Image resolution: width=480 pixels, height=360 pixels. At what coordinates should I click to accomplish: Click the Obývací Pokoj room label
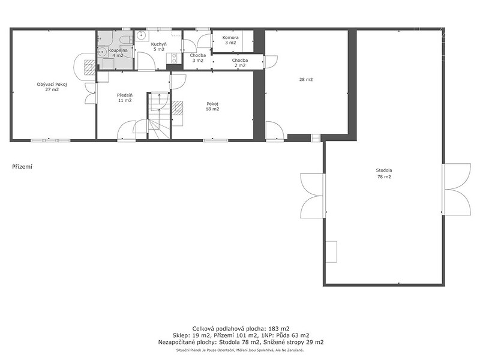[x=52, y=87]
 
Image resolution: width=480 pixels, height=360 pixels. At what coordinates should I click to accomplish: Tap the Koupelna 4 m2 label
[x=118, y=53]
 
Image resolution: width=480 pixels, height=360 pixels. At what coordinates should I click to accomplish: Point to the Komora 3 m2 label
[x=230, y=40]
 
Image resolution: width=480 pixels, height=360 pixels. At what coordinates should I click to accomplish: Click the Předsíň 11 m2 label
[x=125, y=98]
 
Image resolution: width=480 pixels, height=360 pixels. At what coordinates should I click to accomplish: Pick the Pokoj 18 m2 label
[x=213, y=106]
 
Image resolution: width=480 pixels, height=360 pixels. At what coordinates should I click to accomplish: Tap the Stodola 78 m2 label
[x=384, y=173]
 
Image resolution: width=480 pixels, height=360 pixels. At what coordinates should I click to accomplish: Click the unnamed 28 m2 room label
[x=306, y=80]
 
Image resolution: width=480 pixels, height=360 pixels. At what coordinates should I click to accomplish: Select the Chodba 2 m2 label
[x=239, y=63]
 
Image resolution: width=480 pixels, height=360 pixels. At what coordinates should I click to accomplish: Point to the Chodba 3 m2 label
[x=198, y=58]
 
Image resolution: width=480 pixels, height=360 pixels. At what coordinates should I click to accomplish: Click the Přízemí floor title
[x=22, y=167]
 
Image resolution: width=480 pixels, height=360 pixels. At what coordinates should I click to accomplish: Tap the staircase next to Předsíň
[x=159, y=116]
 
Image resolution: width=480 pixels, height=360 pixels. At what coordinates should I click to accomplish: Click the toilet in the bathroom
[x=125, y=40]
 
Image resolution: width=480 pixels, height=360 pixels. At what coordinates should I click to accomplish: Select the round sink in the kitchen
[x=141, y=35]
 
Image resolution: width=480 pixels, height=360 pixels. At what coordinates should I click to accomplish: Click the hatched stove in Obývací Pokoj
[x=91, y=67]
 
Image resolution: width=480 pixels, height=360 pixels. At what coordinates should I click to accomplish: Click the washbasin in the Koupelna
[x=102, y=52]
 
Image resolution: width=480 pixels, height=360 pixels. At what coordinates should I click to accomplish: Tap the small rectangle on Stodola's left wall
[x=331, y=251]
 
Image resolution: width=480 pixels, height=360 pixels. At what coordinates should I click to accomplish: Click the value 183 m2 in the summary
[x=280, y=329]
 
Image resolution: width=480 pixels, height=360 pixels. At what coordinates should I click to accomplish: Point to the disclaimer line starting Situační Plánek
[x=240, y=350]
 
